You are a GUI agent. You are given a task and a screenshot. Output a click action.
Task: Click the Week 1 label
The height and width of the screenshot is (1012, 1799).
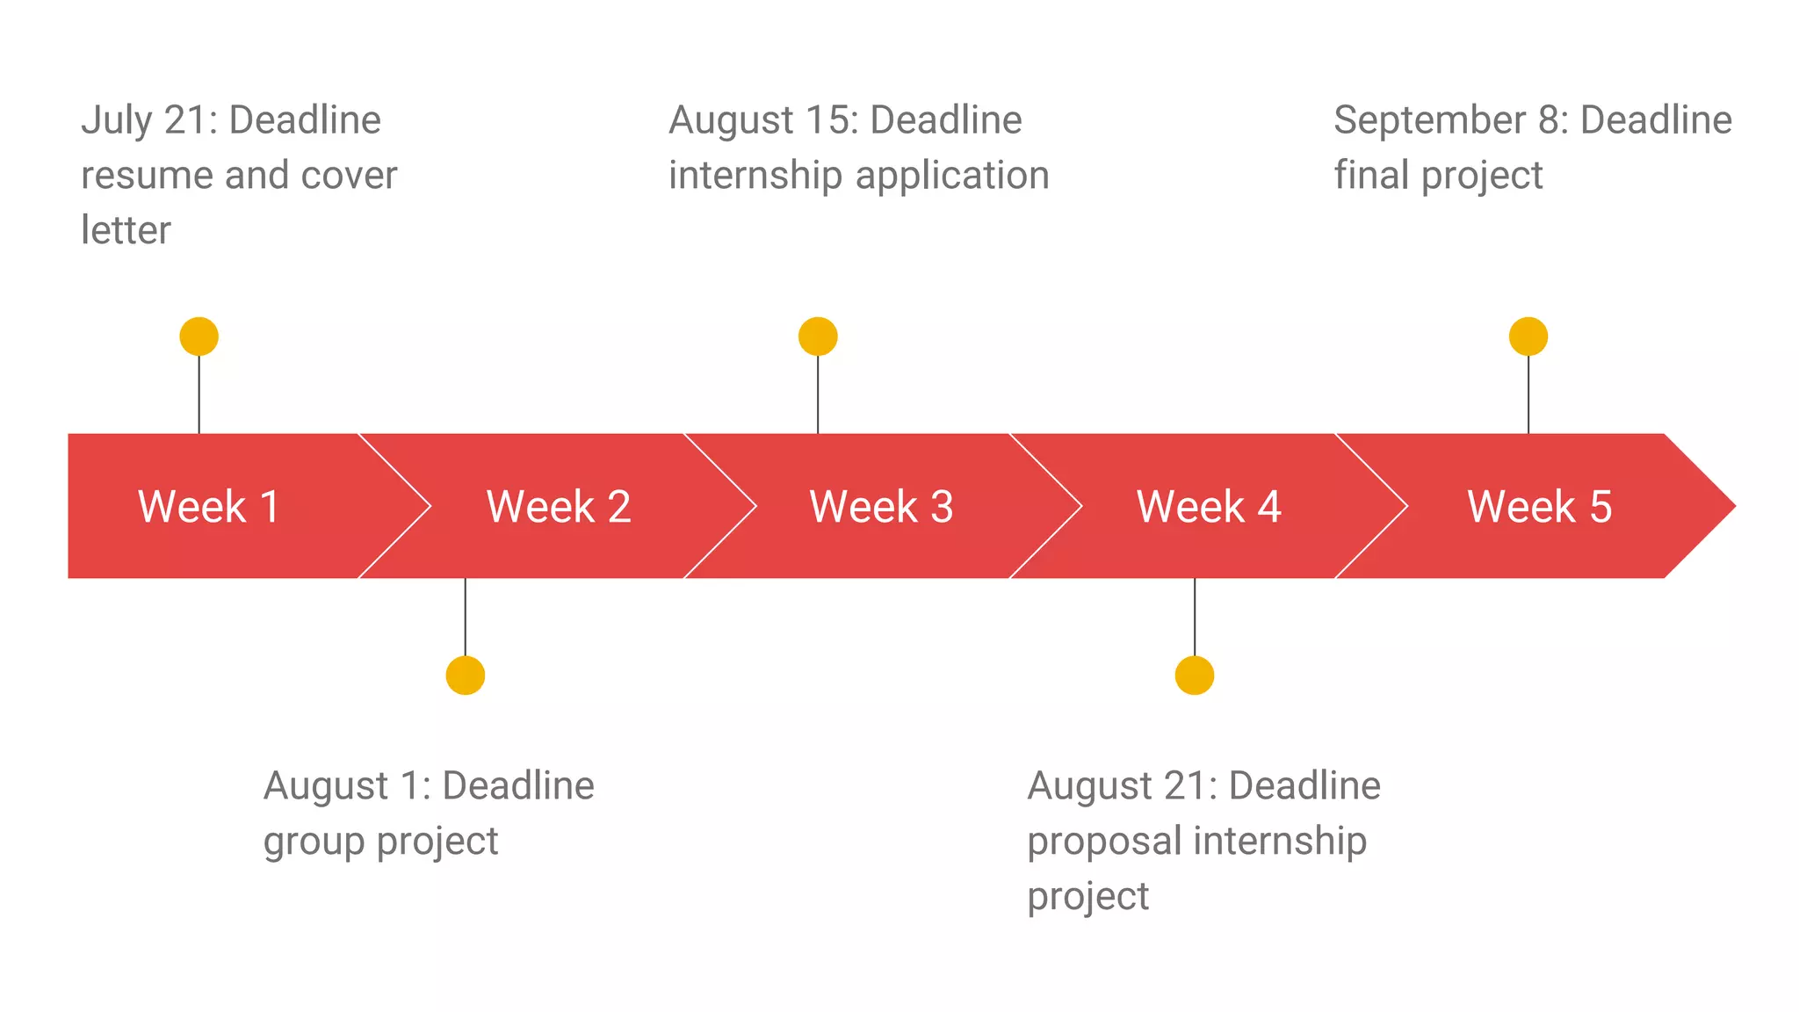(209, 507)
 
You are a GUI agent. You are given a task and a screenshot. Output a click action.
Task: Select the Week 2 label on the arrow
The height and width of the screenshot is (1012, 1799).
(559, 507)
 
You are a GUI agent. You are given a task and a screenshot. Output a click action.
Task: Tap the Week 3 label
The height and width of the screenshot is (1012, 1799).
(881, 507)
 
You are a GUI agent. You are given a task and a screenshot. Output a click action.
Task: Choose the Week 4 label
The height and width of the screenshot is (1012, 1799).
(1209, 507)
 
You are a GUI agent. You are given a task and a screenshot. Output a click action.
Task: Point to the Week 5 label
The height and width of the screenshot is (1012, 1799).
(1539, 507)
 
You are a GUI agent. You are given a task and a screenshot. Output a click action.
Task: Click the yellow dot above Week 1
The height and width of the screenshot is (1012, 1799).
(199, 336)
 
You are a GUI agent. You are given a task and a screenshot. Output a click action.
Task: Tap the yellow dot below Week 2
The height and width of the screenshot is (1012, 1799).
(466, 676)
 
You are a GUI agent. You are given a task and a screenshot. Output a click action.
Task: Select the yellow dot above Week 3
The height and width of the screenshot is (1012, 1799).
(818, 336)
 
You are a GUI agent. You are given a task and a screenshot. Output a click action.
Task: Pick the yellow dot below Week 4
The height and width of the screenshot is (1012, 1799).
(1195, 676)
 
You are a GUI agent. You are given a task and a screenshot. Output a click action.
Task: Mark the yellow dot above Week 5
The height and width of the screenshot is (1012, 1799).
(1528, 336)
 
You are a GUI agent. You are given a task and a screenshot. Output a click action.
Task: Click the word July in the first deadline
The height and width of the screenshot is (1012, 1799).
(116, 120)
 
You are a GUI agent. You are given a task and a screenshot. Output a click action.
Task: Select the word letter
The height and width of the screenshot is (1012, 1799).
(126, 230)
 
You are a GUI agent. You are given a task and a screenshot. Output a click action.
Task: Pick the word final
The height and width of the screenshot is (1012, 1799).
(1372, 175)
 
